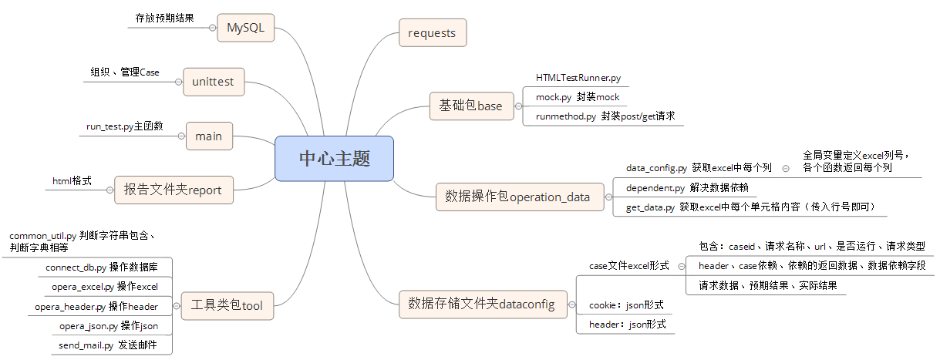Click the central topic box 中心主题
tap(334, 159)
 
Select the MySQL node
tap(245, 28)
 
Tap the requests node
tap(432, 33)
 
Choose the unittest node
tap(214, 81)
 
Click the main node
tap(208, 136)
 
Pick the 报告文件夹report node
tap(173, 190)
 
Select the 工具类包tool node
tap(227, 305)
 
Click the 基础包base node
tap(470, 106)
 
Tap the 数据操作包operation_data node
tap(517, 197)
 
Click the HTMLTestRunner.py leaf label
tap(578, 79)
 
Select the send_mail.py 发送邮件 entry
tap(107, 345)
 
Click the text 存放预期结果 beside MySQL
tap(164, 16)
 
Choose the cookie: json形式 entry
tap(626, 305)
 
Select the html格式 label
tap(72, 180)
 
